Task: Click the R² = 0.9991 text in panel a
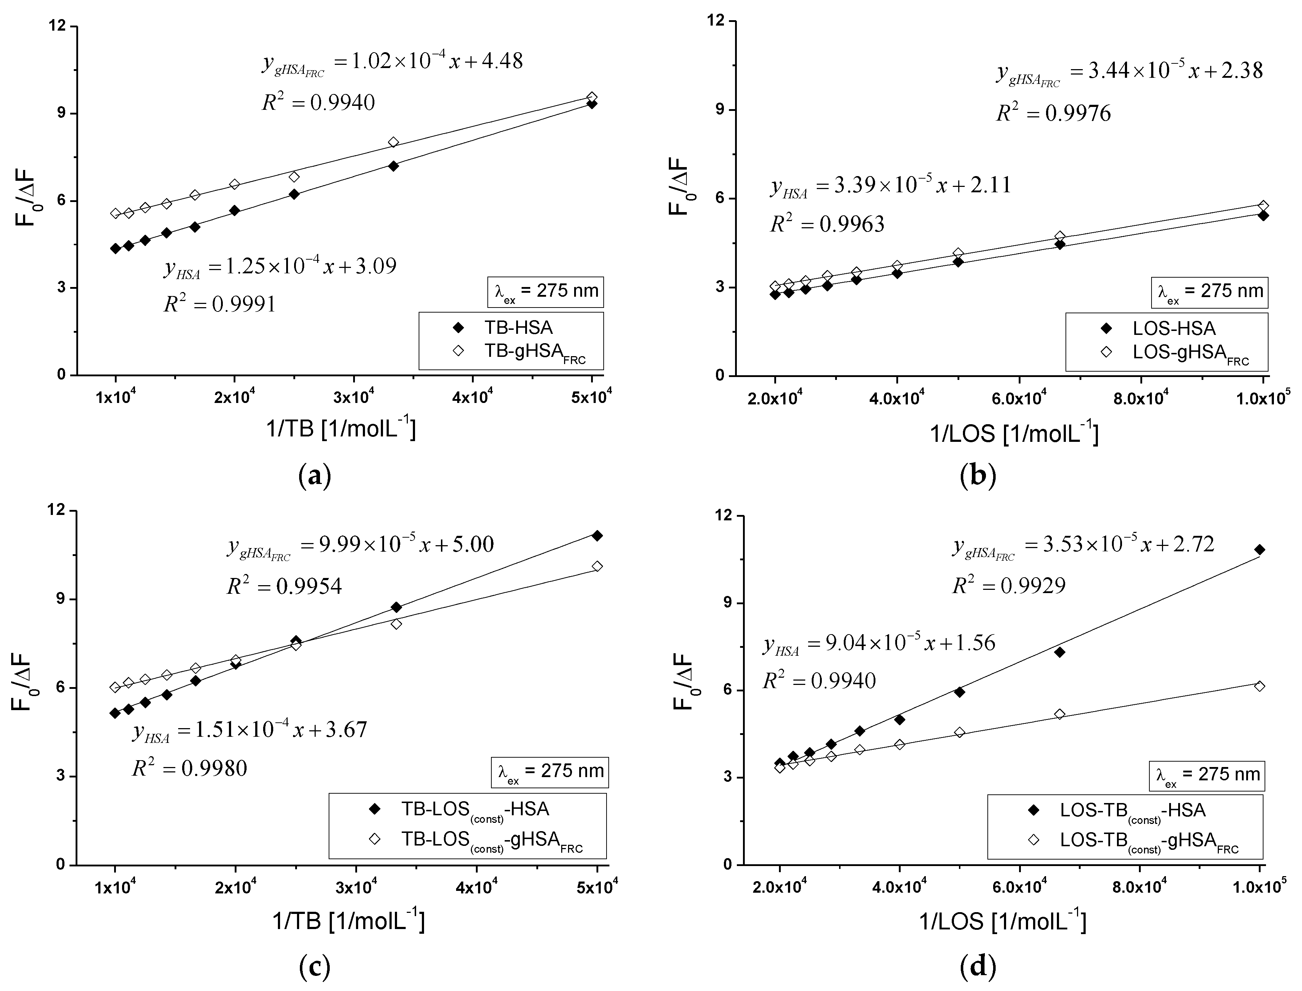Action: [x=219, y=304]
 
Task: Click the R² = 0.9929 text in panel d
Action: [x=1009, y=585]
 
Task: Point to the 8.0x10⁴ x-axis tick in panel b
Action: [x=1140, y=399]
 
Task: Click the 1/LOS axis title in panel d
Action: [x=1003, y=921]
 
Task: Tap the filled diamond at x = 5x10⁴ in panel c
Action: [x=597, y=535]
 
